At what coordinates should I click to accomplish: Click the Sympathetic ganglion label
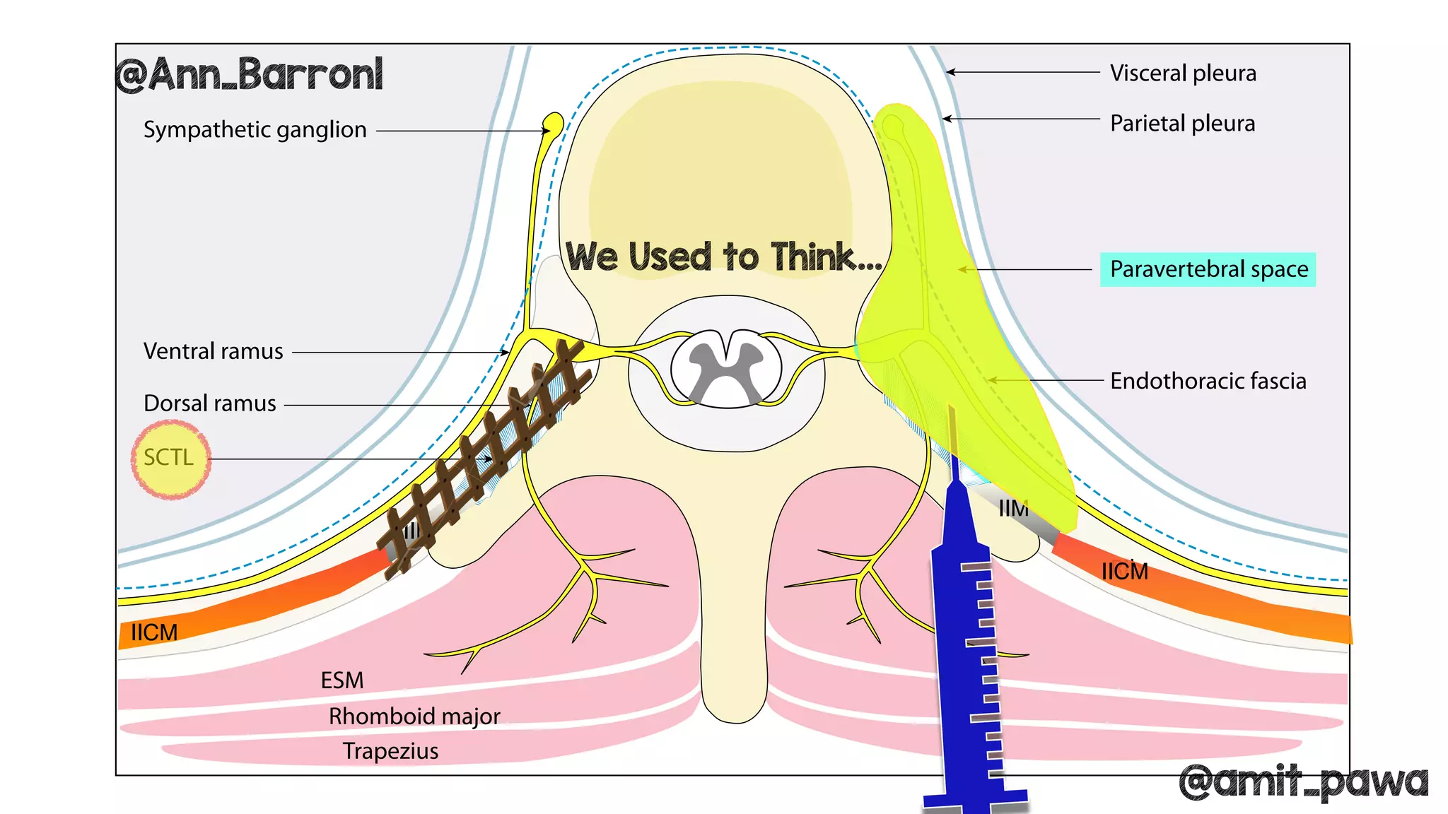(255, 130)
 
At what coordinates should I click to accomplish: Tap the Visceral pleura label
(1183, 73)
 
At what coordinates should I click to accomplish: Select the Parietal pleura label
(1182, 124)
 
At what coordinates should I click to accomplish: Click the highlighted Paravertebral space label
(1208, 269)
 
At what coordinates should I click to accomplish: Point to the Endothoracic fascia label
(1208, 381)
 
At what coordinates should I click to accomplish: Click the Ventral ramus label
(213, 351)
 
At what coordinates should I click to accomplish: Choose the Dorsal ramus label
(209, 403)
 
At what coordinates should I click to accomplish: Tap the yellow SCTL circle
(170, 459)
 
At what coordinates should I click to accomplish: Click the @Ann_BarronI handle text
(249, 75)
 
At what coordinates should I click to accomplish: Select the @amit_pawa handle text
(1302, 781)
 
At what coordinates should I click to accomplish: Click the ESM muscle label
(342, 680)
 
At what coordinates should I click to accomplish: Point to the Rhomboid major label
(414, 716)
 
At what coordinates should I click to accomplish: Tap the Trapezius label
(390, 751)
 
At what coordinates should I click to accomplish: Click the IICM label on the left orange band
(154, 632)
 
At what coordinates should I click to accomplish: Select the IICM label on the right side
(1124, 571)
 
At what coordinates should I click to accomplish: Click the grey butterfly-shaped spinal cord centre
(726, 364)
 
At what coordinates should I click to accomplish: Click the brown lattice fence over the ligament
(488, 452)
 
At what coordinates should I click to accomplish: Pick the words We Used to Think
(723, 256)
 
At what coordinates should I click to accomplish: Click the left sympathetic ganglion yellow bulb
(552, 125)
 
